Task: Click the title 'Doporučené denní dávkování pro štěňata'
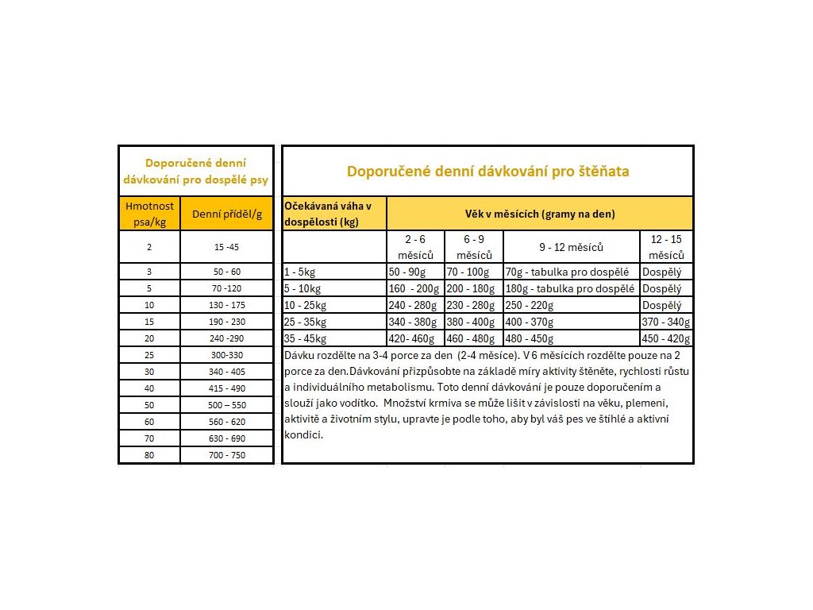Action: click(487, 172)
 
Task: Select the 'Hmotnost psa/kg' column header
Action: click(149, 214)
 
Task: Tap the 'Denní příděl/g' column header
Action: click(226, 214)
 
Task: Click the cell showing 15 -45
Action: click(226, 247)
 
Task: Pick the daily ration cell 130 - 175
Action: click(226, 305)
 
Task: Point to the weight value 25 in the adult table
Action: click(149, 355)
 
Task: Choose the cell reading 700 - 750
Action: click(226, 455)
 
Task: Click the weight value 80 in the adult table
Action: click(149, 455)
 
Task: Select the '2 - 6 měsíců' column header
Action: click(415, 247)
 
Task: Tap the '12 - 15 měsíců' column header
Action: click(666, 247)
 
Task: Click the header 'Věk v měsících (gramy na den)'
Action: click(540, 214)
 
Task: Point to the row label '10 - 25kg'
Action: click(306, 305)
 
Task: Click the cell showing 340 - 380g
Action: click(413, 322)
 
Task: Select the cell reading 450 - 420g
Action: click(666, 338)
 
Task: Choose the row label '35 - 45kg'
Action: click(306, 338)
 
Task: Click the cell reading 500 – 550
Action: click(226, 405)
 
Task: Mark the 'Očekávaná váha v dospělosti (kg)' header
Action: click(333, 214)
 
